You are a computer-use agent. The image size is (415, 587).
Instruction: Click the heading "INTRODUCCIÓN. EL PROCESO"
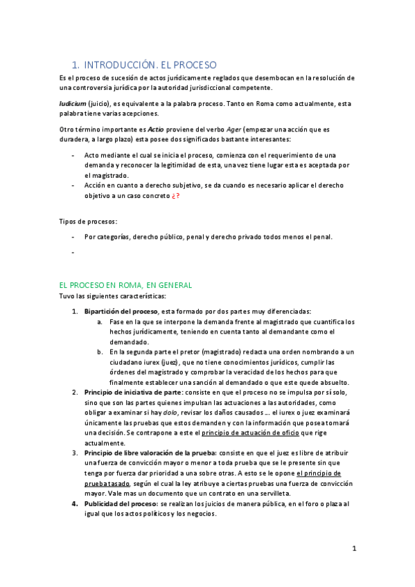pyautogui.click(x=150, y=64)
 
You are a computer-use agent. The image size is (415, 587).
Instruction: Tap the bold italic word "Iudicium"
pyautogui.click(x=72, y=103)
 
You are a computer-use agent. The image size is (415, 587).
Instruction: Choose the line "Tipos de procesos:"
pyautogui.click(x=88, y=222)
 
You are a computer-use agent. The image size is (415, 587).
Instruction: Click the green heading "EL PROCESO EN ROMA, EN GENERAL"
pyautogui.click(x=125, y=285)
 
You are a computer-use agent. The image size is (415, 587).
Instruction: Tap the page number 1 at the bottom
pyautogui.click(x=354, y=549)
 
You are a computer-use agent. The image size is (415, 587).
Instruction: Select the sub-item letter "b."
pyautogui.click(x=101, y=352)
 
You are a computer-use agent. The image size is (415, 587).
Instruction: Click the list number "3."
pyautogui.click(x=76, y=453)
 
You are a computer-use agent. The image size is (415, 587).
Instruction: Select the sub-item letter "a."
pyautogui.click(x=101, y=322)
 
